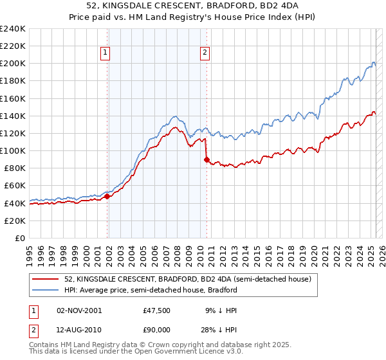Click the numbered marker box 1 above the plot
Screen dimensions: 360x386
pos(105,53)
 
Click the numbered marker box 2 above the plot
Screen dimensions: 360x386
pos(205,53)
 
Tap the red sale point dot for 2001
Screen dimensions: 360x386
pos(107,197)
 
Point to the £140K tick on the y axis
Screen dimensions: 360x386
pos(13,116)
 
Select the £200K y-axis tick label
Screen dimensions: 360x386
pos(13,64)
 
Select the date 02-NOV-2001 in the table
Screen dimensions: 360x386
pos(79,310)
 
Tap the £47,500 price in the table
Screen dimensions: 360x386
pos(156,310)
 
